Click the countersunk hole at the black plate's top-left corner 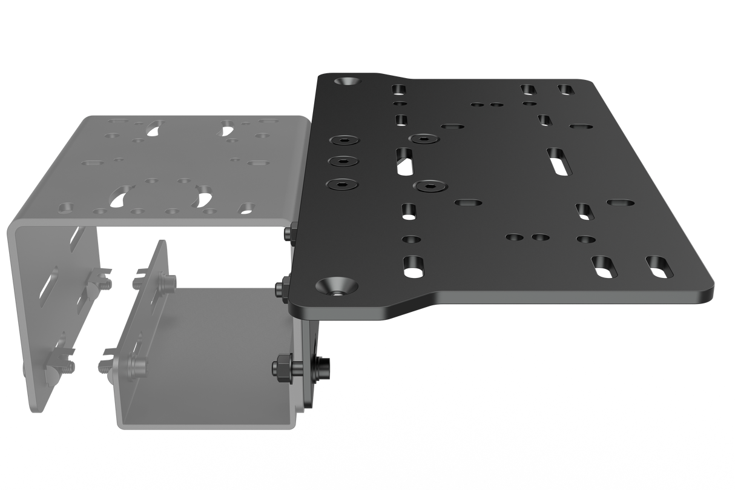350,80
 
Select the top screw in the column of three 344,141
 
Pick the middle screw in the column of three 343,162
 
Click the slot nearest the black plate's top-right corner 566,89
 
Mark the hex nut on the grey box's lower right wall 282,366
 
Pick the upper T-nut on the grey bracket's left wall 100,279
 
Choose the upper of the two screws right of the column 424,139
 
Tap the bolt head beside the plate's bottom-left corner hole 282,287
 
